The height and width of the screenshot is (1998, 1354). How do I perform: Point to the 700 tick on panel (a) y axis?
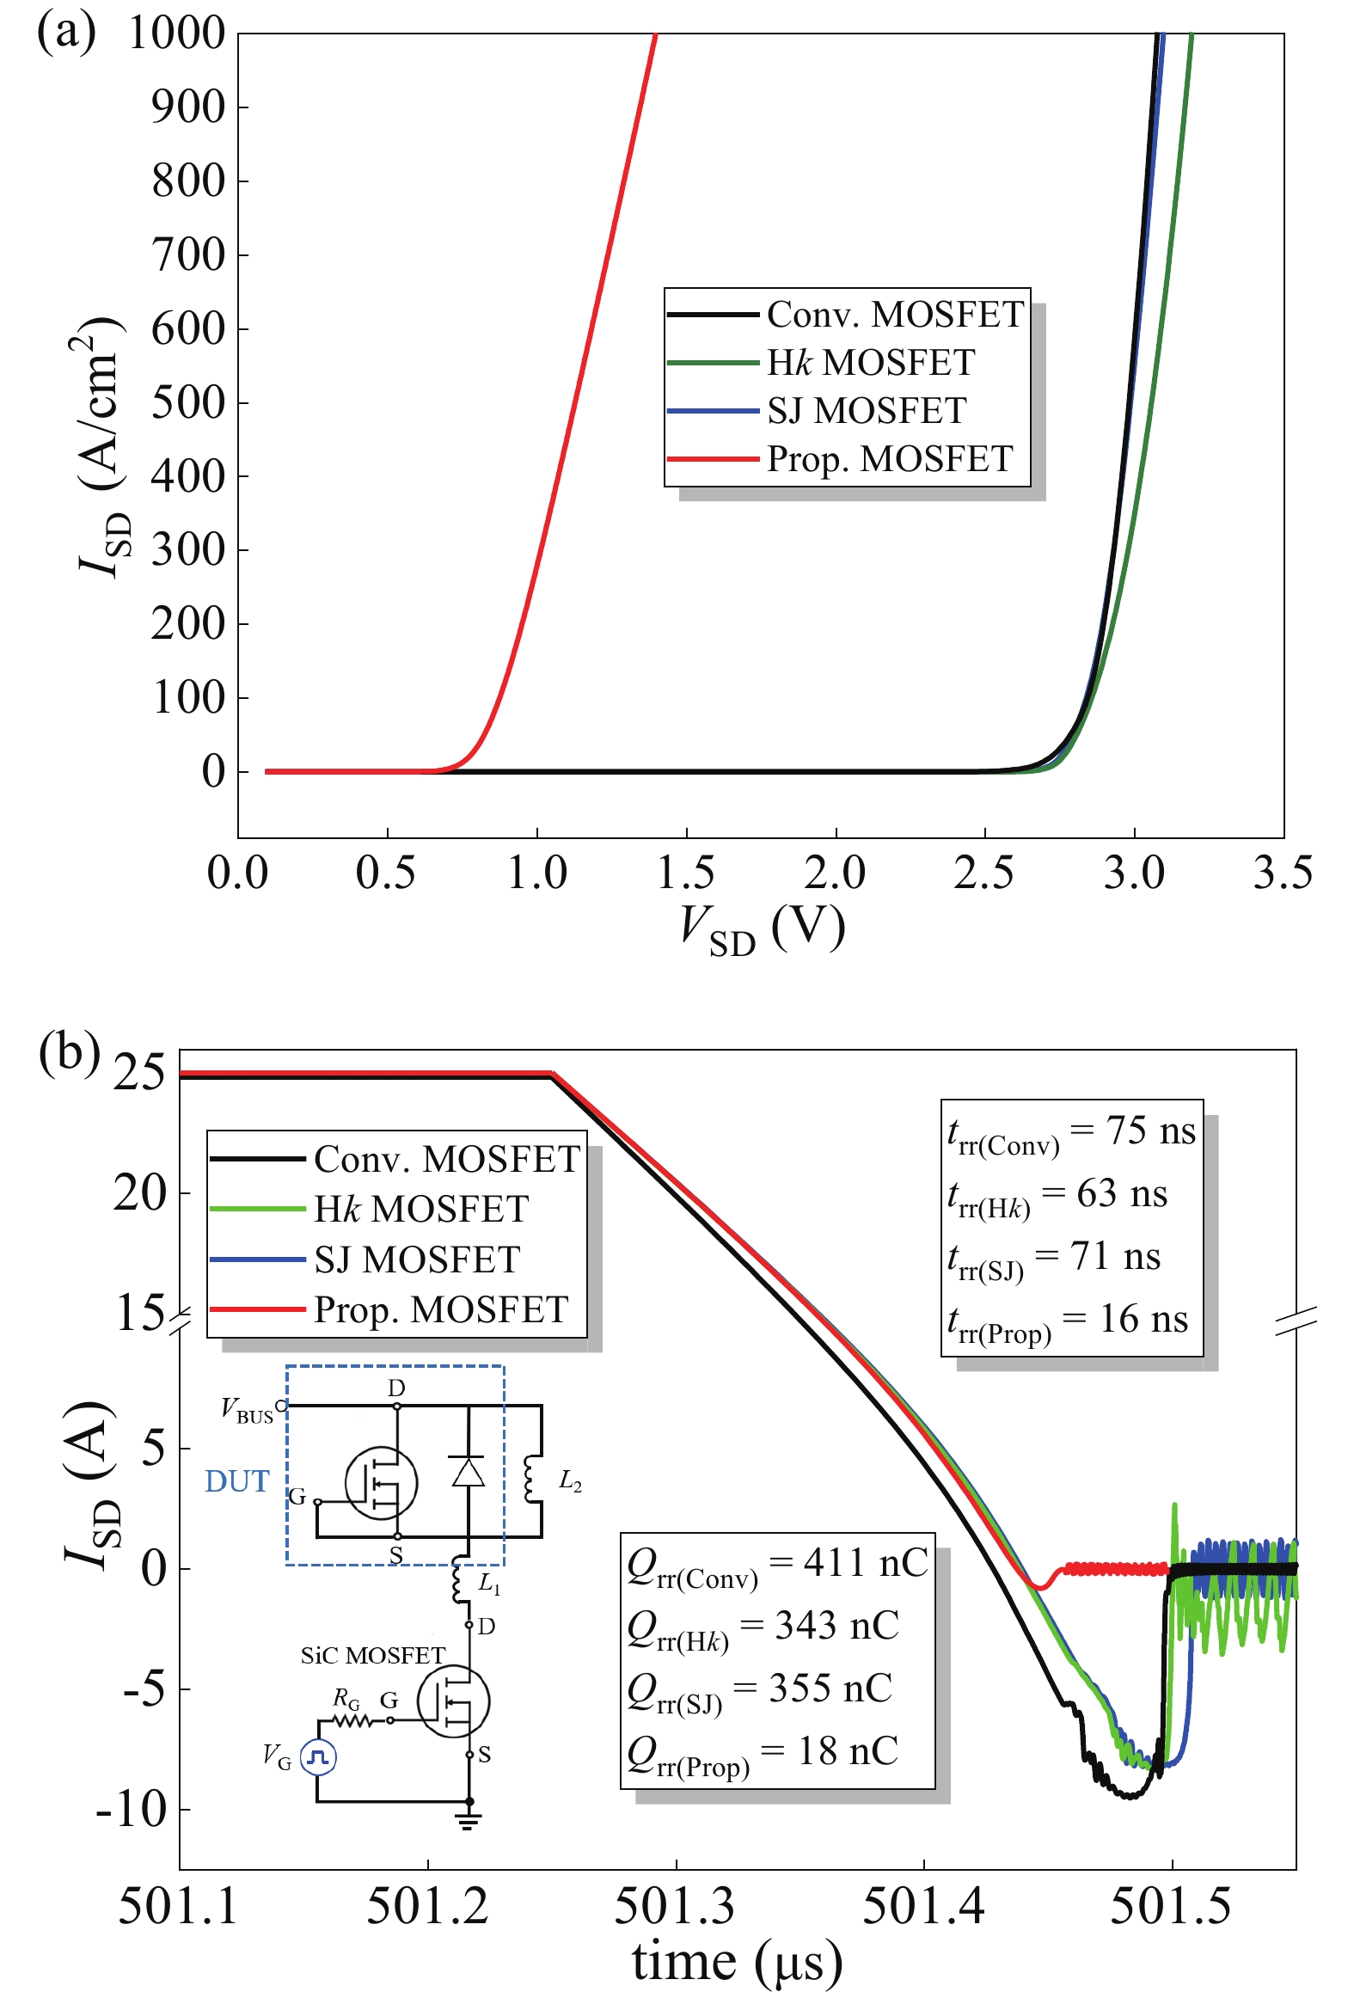click(x=188, y=255)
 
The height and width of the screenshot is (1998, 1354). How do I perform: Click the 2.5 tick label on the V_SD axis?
click(x=983, y=873)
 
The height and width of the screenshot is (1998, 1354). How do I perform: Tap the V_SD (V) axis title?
click(x=762, y=929)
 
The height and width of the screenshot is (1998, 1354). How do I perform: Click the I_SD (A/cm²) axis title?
click(x=100, y=447)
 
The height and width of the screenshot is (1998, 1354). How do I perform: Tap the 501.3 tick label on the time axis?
click(x=675, y=1906)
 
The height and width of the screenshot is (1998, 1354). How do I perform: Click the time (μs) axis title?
click(x=737, y=1962)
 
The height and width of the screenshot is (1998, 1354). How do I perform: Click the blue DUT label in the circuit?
click(x=236, y=1481)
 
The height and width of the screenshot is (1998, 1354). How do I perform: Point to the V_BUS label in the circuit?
click(x=247, y=1411)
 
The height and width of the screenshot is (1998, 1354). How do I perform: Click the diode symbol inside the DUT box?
click(x=467, y=1472)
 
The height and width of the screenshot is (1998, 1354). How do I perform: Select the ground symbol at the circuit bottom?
click(x=469, y=1821)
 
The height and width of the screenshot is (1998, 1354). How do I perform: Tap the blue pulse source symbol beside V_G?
click(x=318, y=1757)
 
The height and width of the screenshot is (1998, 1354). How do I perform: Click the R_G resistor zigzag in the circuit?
click(x=352, y=1721)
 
